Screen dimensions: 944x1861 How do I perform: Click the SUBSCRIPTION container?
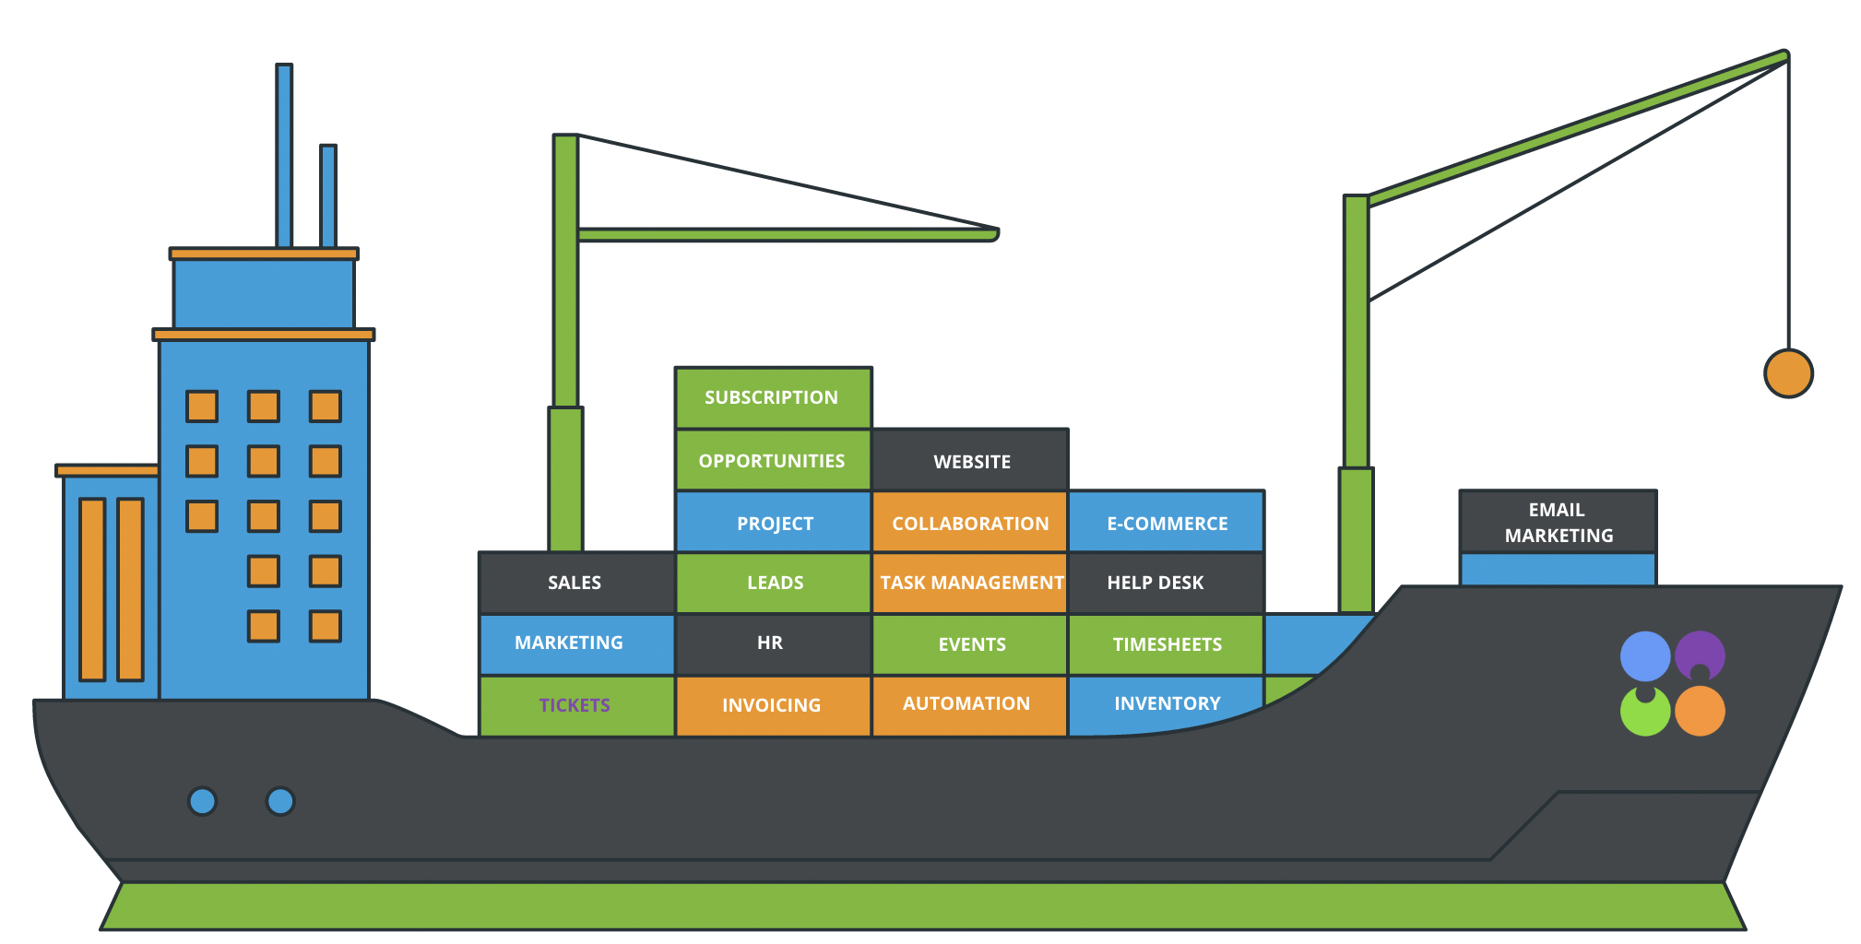coord(773,398)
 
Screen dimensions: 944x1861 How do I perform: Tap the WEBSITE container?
coord(971,461)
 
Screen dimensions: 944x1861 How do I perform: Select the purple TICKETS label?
coord(575,705)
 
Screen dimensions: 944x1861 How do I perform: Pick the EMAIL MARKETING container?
coord(1558,523)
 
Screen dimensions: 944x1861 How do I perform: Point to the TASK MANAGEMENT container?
coord(970,583)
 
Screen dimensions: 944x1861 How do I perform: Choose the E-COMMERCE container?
coord(1167,523)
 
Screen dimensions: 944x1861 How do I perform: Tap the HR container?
coord(771,643)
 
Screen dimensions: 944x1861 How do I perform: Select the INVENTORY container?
coord(1166,704)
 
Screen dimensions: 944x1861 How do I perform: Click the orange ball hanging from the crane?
coord(1788,373)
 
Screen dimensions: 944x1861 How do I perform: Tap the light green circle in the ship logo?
coord(1644,713)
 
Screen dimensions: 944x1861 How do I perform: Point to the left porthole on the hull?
coord(202,801)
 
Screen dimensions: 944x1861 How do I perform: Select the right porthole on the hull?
coord(280,801)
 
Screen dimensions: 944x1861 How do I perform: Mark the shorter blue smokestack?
coord(328,195)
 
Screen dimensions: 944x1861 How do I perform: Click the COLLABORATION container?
coord(970,523)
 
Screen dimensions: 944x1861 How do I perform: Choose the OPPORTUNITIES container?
coord(773,461)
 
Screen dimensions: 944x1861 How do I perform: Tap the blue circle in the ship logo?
coord(1644,655)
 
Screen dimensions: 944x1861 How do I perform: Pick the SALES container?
coord(575,583)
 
